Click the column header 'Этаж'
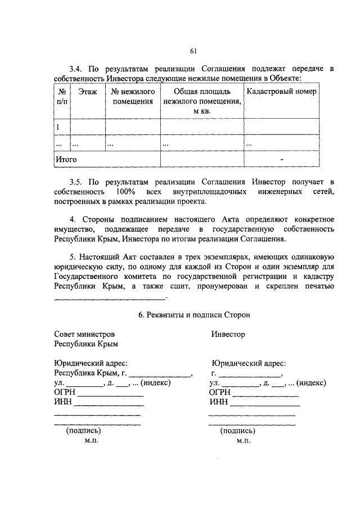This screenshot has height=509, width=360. [x=87, y=92]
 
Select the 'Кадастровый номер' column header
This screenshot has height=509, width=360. [x=281, y=92]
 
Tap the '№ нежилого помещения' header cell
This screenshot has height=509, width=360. [x=133, y=97]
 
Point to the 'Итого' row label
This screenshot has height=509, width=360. [x=66, y=160]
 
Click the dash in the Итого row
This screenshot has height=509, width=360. [x=282, y=160]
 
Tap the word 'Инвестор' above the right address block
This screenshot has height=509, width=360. [x=228, y=334]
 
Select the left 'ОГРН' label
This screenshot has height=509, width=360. [x=64, y=392]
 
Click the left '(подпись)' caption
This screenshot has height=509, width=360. [x=84, y=431]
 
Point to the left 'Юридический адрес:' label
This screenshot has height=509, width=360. [x=90, y=363]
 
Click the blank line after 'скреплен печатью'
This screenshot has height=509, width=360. [x=110, y=298]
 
